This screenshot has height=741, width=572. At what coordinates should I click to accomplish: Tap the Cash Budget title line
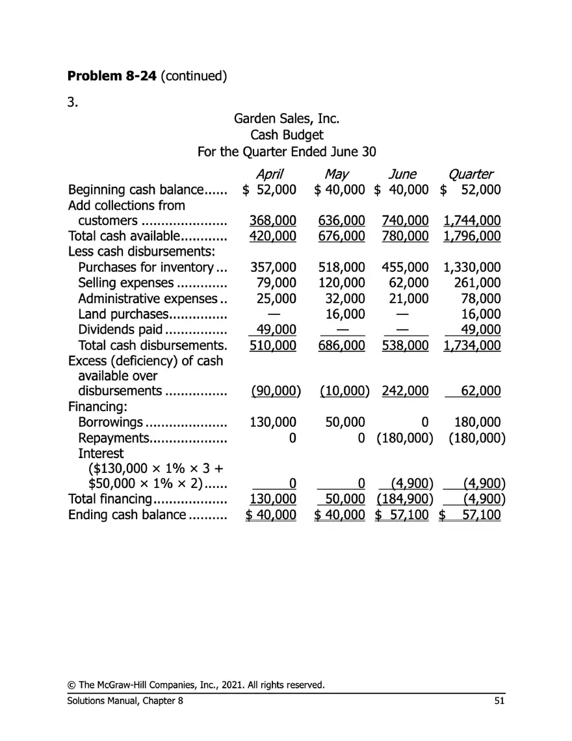[x=286, y=135]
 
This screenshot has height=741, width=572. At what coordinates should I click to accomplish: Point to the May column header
[x=337, y=174]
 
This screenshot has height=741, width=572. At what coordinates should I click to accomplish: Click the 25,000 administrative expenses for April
[x=278, y=298]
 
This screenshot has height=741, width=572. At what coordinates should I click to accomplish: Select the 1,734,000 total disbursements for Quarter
[x=471, y=345]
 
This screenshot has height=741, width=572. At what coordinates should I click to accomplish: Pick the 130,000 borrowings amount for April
[x=273, y=422]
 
